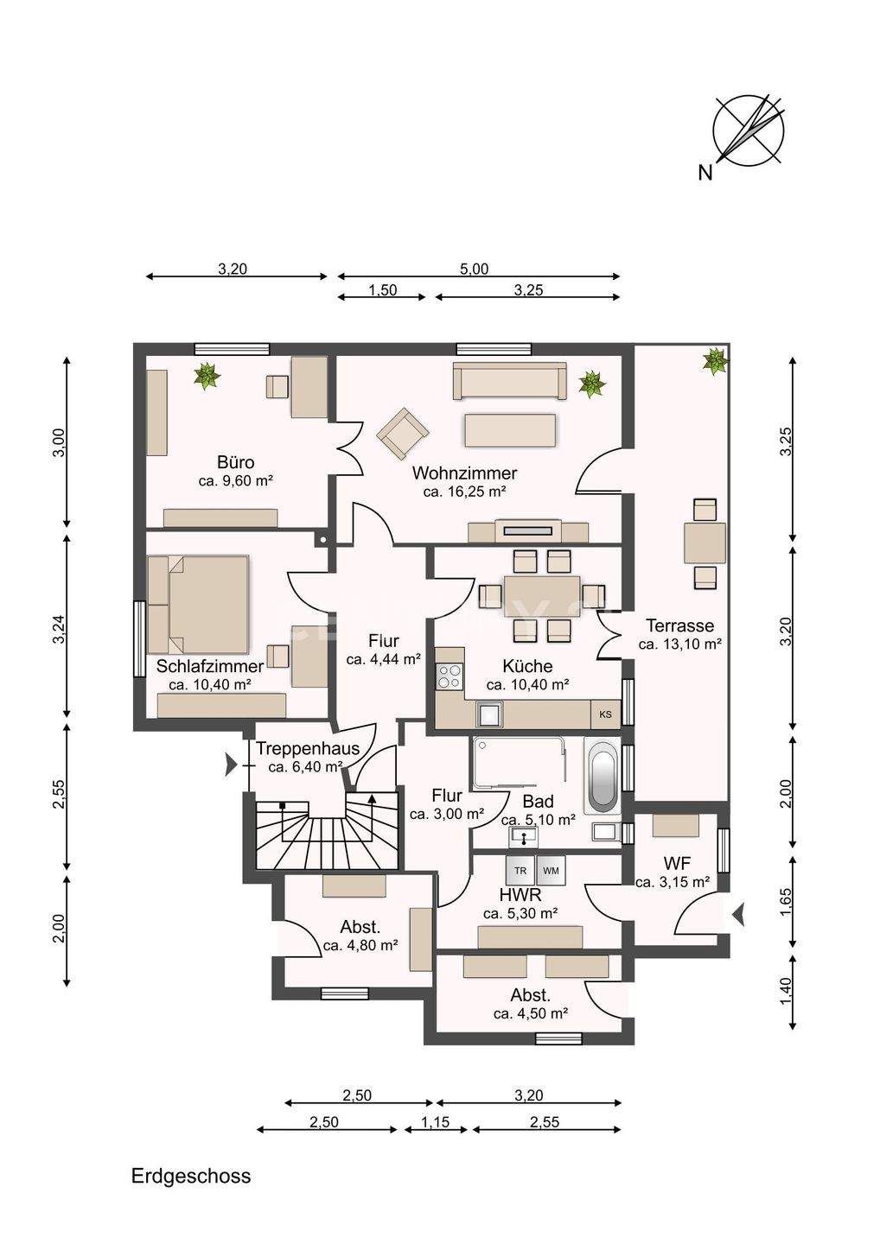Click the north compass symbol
point(748,132)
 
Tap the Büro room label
point(235,462)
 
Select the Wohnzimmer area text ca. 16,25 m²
point(464,492)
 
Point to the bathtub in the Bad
point(603,775)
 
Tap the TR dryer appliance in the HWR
point(520,870)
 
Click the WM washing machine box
point(552,870)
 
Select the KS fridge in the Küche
point(606,714)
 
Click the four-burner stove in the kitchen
point(450,676)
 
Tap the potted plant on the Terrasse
point(715,361)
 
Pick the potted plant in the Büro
point(207,376)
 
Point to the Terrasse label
point(679,625)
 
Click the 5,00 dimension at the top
point(475,270)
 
